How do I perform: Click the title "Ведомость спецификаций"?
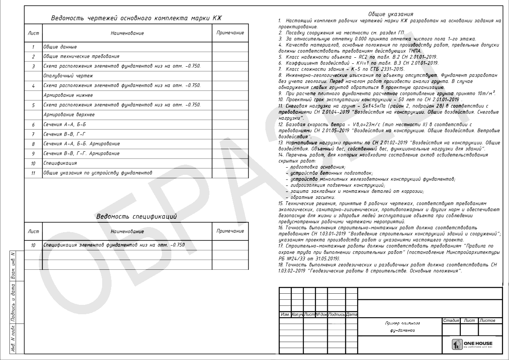(x=136, y=217)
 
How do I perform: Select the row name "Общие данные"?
(x=60, y=47)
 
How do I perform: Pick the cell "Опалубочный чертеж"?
(x=68, y=76)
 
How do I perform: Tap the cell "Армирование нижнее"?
(x=68, y=95)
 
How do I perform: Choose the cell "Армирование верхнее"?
(x=69, y=115)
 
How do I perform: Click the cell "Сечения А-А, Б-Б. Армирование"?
(x=82, y=144)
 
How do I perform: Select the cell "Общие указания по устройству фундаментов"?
(x=97, y=173)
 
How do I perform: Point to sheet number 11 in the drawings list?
(x=33, y=173)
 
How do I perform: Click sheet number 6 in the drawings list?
(x=33, y=124)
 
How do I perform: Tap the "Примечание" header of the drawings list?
(x=230, y=33)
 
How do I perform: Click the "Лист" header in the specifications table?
(x=33, y=231)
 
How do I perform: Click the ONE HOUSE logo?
(x=472, y=345)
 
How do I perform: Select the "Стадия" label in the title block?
(x=451, y=320)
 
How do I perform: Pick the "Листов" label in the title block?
(x=487, y=320)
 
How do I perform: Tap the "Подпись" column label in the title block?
(x=336, y=315)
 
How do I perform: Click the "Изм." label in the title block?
(x=285, y=315)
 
